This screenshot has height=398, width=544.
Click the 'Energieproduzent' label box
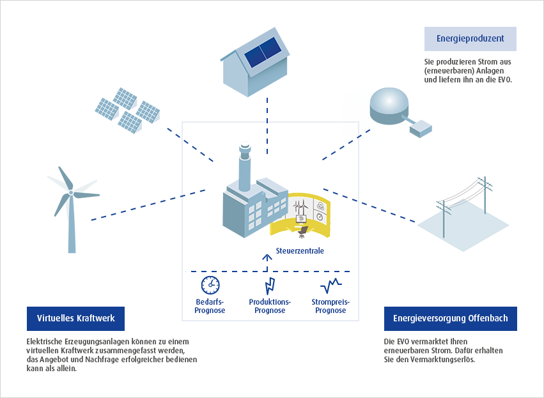click(x=470, y=39)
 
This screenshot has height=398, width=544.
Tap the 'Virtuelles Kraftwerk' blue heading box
click(x=75, y=319)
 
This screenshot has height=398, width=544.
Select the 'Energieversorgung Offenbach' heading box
click(x=450, y=319)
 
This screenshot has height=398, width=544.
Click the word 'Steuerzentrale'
click(x=300, y=250)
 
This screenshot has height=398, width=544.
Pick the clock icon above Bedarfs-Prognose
click(x=210, y=285)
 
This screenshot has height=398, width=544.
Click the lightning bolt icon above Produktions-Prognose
click(x=270, y=286)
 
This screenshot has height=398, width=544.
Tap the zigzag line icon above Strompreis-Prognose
click(x=330, y=286)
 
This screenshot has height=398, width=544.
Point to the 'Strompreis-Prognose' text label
click(x=330, y=306)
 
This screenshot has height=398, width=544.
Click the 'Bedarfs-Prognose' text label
click(x=210, y=306)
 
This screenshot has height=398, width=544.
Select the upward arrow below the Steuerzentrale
click(x=267, y=263)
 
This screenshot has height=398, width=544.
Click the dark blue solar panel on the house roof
click(x=263, y=52)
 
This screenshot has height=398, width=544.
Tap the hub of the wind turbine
click(x=71, y=192)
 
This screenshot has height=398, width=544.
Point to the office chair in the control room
click(x=302, y=232)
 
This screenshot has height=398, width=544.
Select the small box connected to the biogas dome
click(x=421, y=128)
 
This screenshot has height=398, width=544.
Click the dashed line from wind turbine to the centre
click(x=148, y=205)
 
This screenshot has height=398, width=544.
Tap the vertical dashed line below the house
click(x=267, y=125)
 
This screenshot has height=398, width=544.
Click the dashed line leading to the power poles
click(x=369, y=205)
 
